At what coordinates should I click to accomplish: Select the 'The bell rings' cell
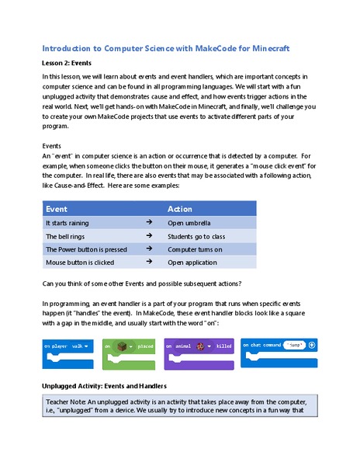point(66,236)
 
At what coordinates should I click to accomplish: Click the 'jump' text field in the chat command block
point(293,344)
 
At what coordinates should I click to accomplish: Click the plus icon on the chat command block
point(311,344)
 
